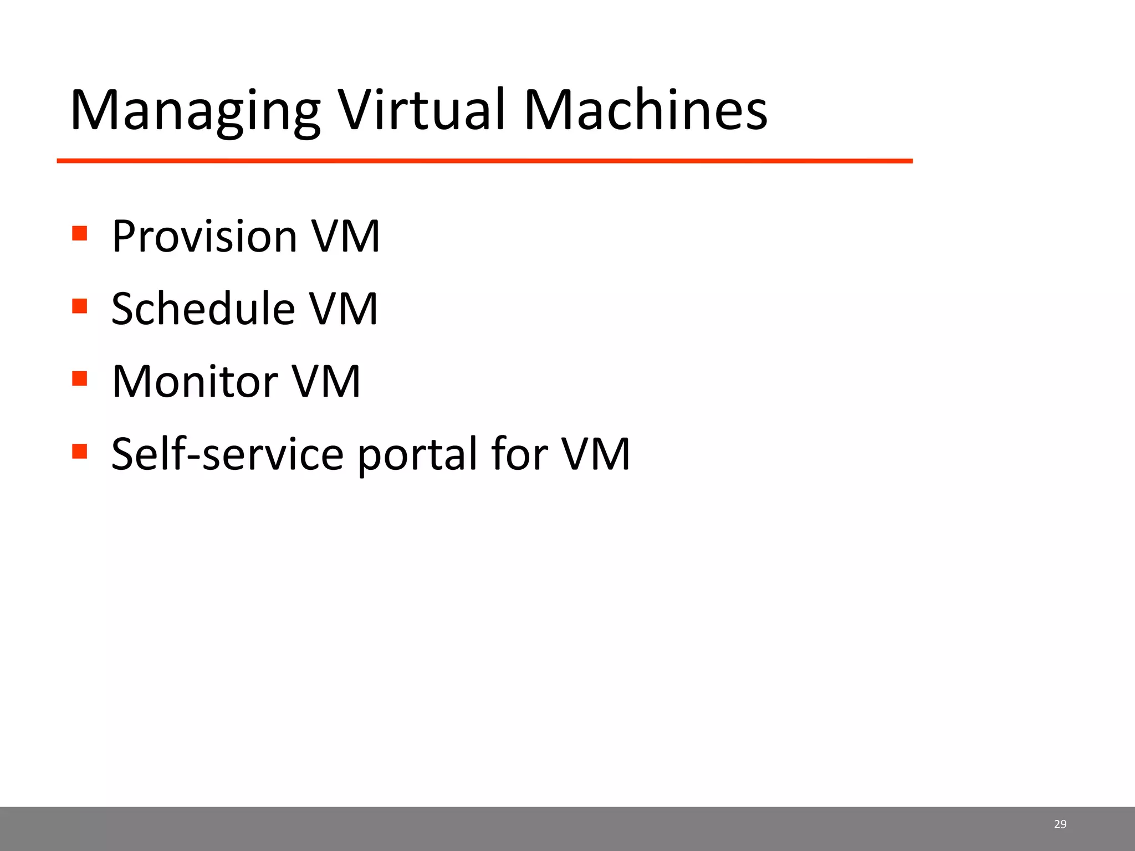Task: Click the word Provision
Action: [x=204, y=237]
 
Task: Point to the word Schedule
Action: [x=203, y=309]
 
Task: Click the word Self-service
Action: [x=227, y=454]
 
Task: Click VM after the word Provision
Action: [x=346, y=237]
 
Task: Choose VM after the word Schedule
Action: [x=344, y=309]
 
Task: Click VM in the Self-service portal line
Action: [x=596, y=454]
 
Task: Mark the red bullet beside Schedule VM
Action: [x=80, y=306]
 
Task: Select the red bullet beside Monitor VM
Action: [x=80, y=378]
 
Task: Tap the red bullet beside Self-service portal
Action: [x=80, y=451]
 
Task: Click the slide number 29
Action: [x=1060, y=824]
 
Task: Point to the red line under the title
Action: [x=484, y=161]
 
